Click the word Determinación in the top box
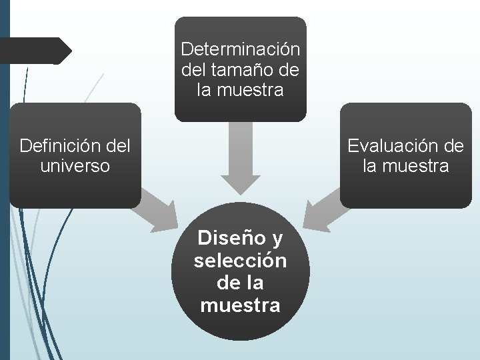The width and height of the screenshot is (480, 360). tap(241, 49)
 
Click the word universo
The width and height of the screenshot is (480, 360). tap(75, 165)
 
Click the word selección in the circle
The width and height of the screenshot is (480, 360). tap(241, 261)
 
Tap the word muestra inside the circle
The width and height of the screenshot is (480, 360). tap(241, 306)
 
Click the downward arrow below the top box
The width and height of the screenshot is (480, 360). tap(241, 160)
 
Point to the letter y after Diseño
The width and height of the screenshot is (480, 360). tap(278, 238)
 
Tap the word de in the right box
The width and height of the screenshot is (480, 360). tap(453, 145)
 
